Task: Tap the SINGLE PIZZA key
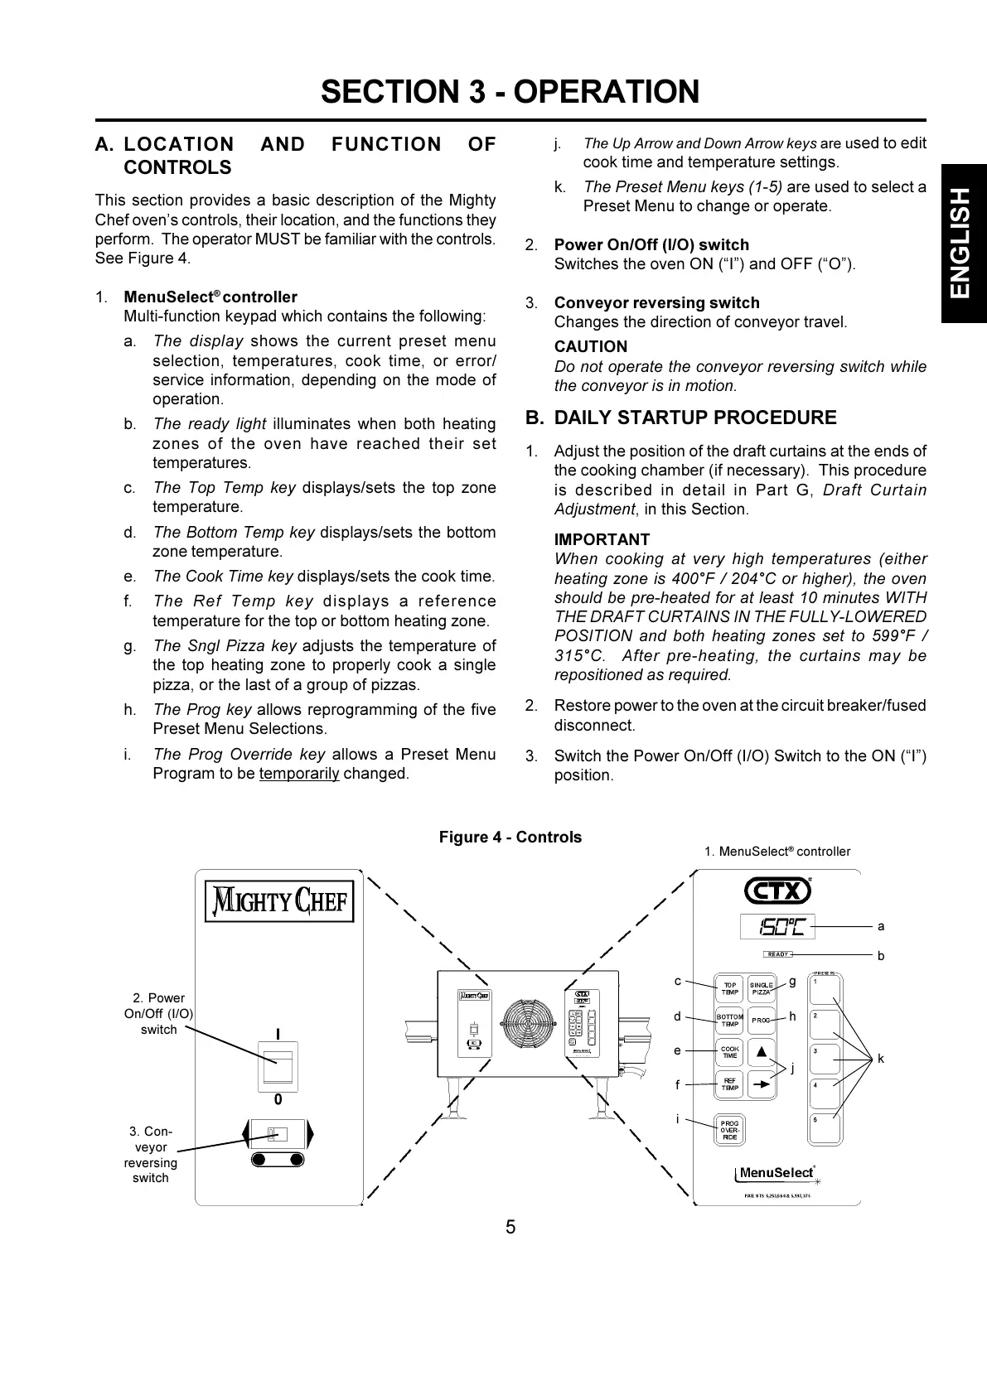(x=761, y=988)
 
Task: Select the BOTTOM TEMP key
(x=729, y=1021)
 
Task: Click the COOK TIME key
(x=729, y=1052)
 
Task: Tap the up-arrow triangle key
(x=761, y=1052)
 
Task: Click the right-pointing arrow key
(x=761, y=1084)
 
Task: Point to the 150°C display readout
(x=777, y=926)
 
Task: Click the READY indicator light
(x=777, y=954)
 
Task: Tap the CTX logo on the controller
(x=777, y=891)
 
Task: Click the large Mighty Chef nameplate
(x=279, y=901)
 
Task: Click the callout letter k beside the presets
(x=881, y=1059)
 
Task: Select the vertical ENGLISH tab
(x=962, y=244)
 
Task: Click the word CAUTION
(x=591, y=347)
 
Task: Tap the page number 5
(x=510, y=1227)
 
